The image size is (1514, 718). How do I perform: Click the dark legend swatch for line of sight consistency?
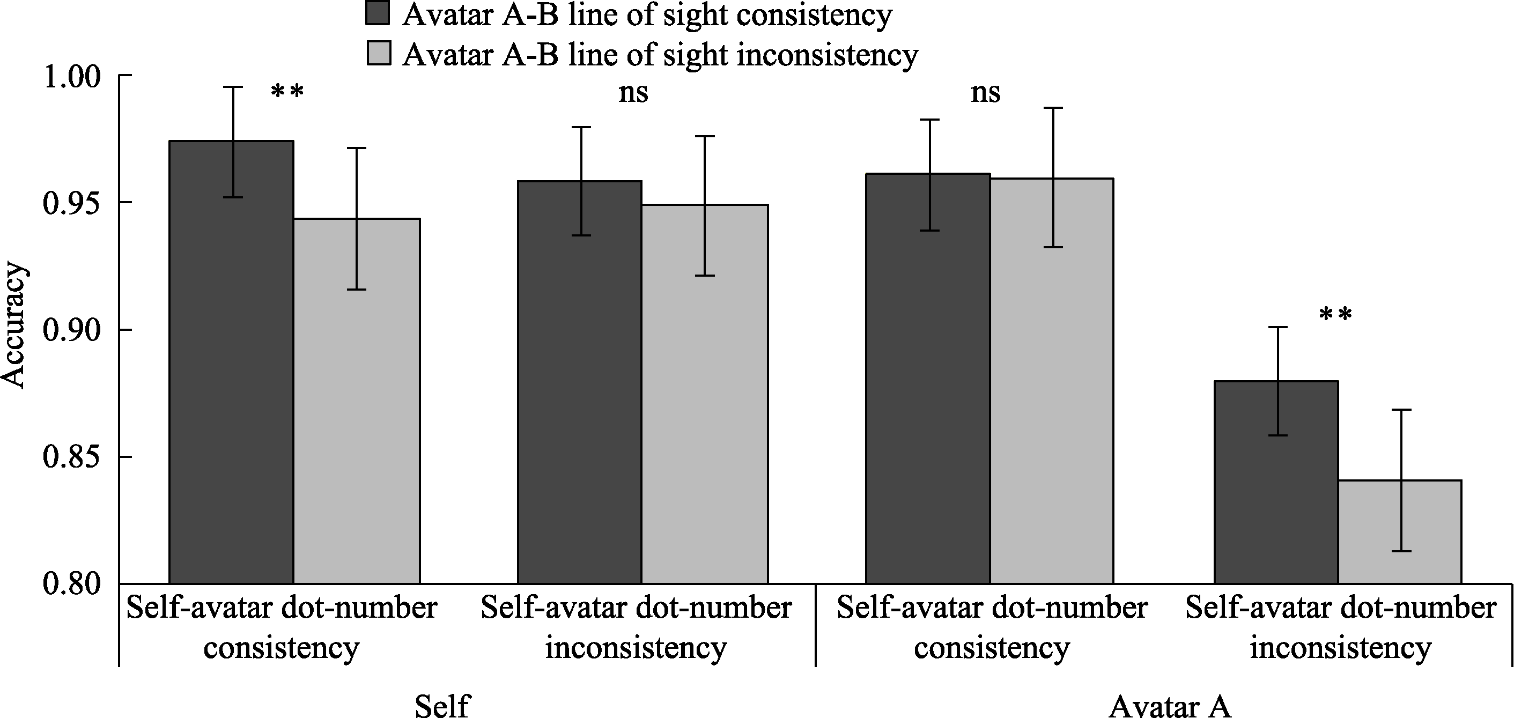pos(378,13)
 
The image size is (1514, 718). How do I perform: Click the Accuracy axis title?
pos(13,326)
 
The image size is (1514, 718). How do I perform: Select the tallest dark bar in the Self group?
pos(231,364)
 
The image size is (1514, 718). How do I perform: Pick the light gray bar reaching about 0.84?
pos(1399,532)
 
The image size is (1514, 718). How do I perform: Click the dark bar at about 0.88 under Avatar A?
pos(1276,482)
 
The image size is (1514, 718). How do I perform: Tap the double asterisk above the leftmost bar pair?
pos(287,92)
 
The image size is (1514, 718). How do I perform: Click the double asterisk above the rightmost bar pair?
pos(1335,315)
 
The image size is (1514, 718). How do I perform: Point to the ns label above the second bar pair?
pos(633,93)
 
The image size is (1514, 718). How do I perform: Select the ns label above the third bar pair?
pos(986,93)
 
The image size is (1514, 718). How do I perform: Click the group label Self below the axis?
pos(442,705)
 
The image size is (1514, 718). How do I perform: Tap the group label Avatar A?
pos(1170,705)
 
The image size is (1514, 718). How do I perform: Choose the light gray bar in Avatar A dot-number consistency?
pos(1052,382)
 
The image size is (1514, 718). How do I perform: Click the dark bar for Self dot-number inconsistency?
pos(580,382)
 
